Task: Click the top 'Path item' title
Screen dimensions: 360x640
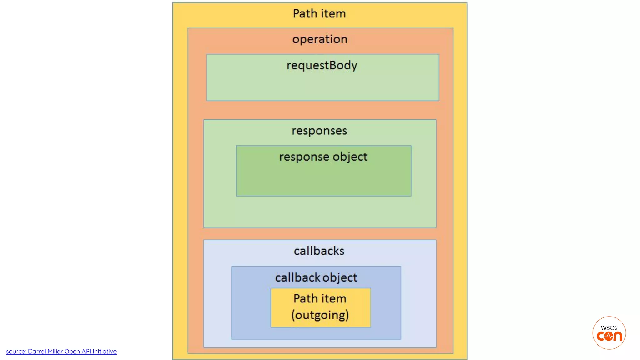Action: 319,14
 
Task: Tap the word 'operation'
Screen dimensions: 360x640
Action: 320,39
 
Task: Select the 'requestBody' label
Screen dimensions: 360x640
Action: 322,66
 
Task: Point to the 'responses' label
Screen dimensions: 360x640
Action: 319,131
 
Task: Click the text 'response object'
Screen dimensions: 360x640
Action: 323,157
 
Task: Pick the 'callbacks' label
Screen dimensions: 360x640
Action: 319,251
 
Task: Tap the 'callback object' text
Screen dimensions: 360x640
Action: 316,278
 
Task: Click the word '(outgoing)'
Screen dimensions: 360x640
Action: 320,315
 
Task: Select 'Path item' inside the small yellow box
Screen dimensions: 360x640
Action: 320,299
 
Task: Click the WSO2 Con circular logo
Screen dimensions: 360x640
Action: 609,333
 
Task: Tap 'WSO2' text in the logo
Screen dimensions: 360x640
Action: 609,328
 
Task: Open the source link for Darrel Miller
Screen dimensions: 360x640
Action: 61,352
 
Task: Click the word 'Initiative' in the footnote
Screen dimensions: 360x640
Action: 104,352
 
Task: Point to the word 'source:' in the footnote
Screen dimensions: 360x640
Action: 16,352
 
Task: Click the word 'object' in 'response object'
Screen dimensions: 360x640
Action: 350,157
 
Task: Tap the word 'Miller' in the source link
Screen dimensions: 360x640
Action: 55,352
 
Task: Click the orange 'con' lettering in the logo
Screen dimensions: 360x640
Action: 609,337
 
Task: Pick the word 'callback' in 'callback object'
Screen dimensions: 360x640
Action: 297,278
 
